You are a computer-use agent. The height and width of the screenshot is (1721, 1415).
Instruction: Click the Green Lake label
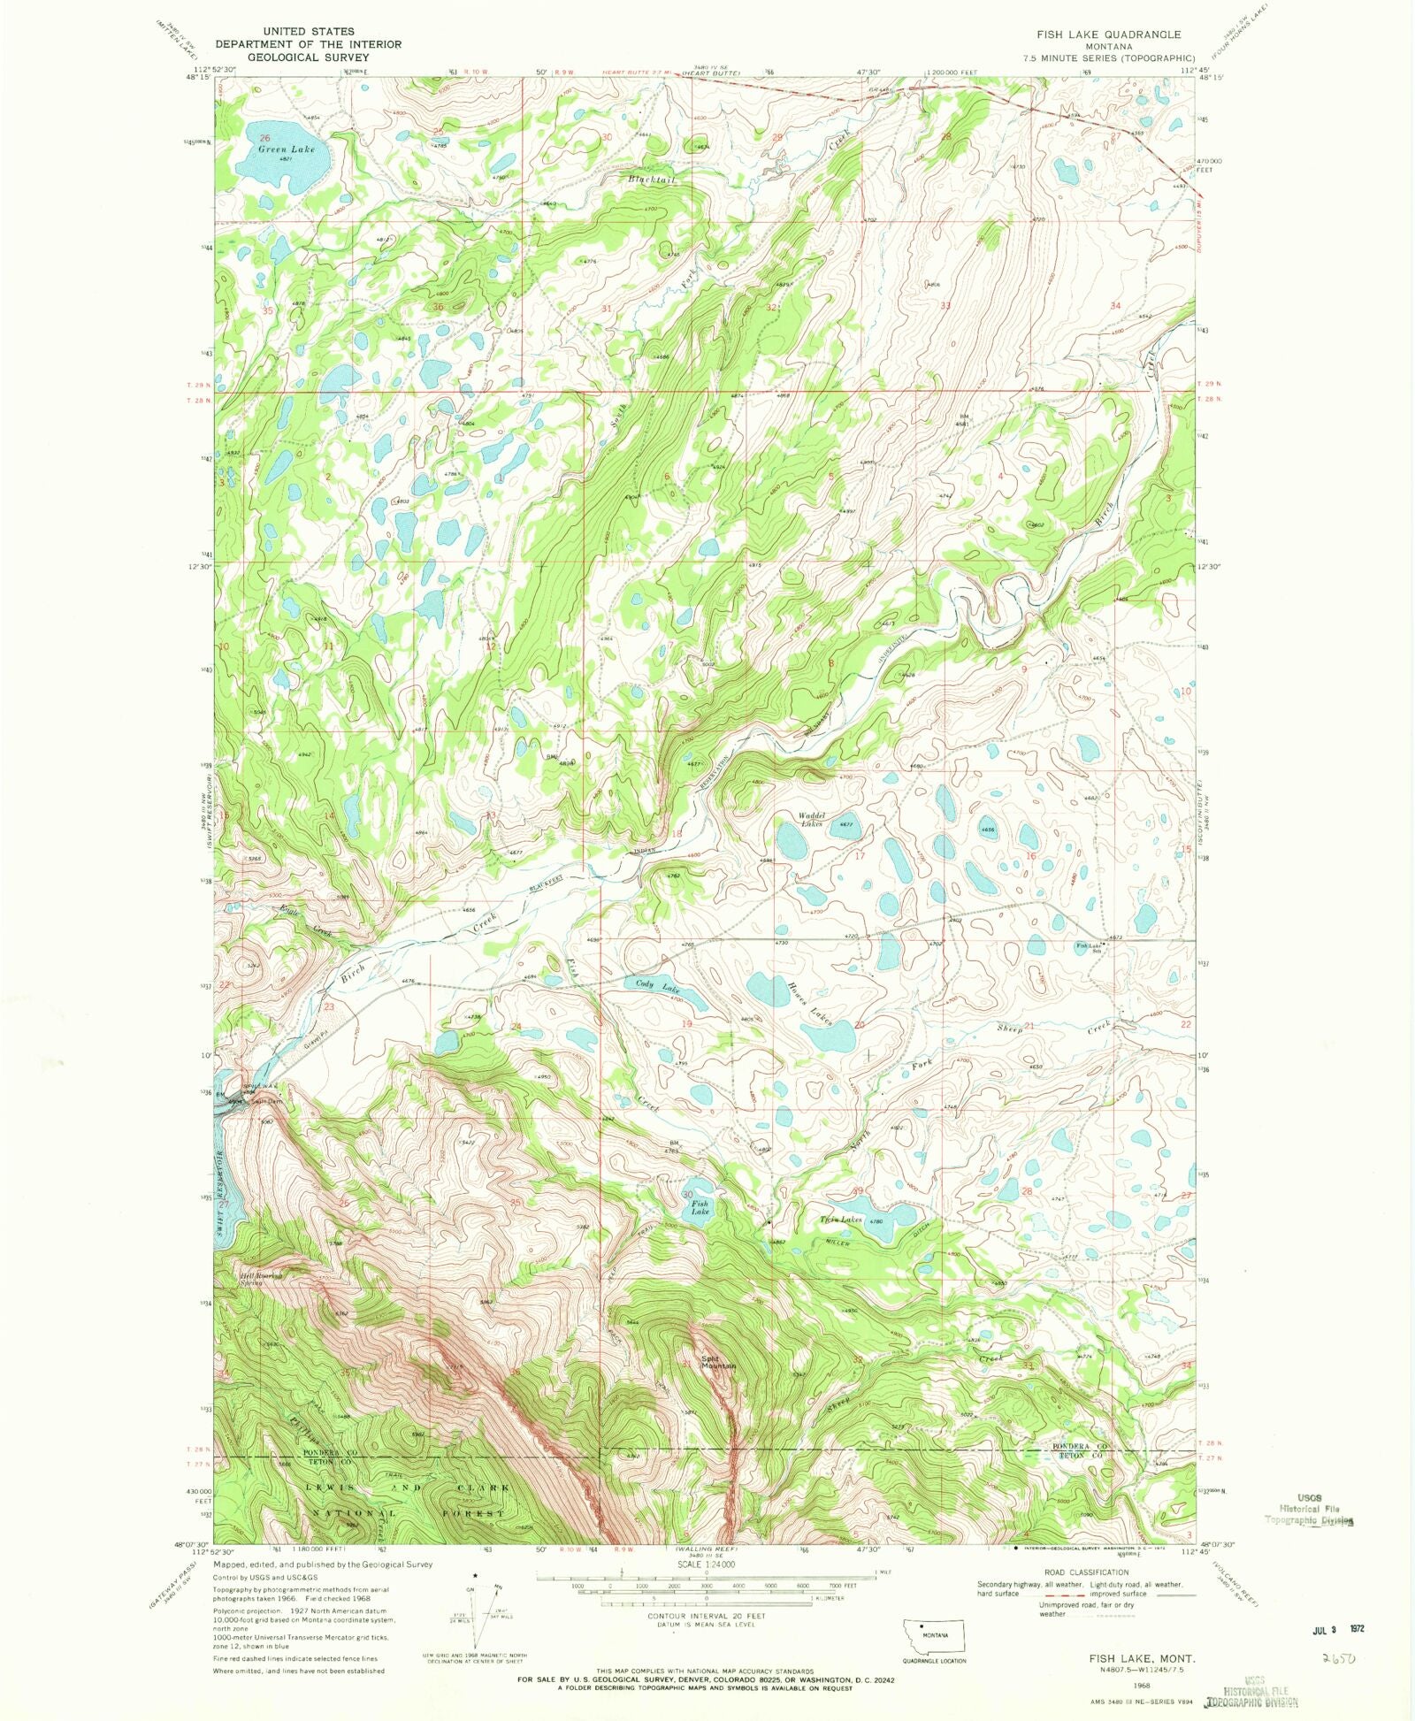286,149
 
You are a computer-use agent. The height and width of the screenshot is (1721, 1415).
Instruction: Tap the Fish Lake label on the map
700,1206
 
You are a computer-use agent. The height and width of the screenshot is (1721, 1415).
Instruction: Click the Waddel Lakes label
812,819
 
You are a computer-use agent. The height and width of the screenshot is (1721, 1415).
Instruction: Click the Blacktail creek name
652,180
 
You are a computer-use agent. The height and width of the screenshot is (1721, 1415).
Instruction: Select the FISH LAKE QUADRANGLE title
1109,34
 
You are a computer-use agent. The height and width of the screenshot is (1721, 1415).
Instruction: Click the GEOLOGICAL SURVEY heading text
308,57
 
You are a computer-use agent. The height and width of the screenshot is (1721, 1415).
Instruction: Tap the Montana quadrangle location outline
933,1634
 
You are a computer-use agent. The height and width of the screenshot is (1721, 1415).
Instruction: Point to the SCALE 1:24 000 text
705,1564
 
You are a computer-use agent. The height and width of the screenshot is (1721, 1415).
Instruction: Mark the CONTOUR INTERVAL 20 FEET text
705,1615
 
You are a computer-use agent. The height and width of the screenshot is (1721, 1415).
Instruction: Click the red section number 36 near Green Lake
438,306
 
